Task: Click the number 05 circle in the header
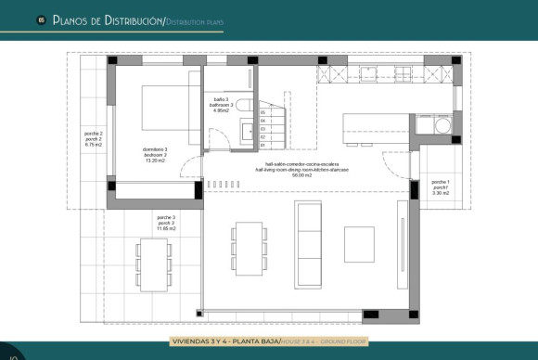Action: (x=41, y=19)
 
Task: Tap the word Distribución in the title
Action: (x=122, y=19)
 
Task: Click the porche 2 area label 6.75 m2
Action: (x=93, y=145)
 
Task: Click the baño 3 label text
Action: (x=219, y=99)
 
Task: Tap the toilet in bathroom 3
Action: (x=241, y=105)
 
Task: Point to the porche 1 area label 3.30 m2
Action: (x=441, y=192)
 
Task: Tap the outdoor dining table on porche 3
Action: (x=152, y=262)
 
